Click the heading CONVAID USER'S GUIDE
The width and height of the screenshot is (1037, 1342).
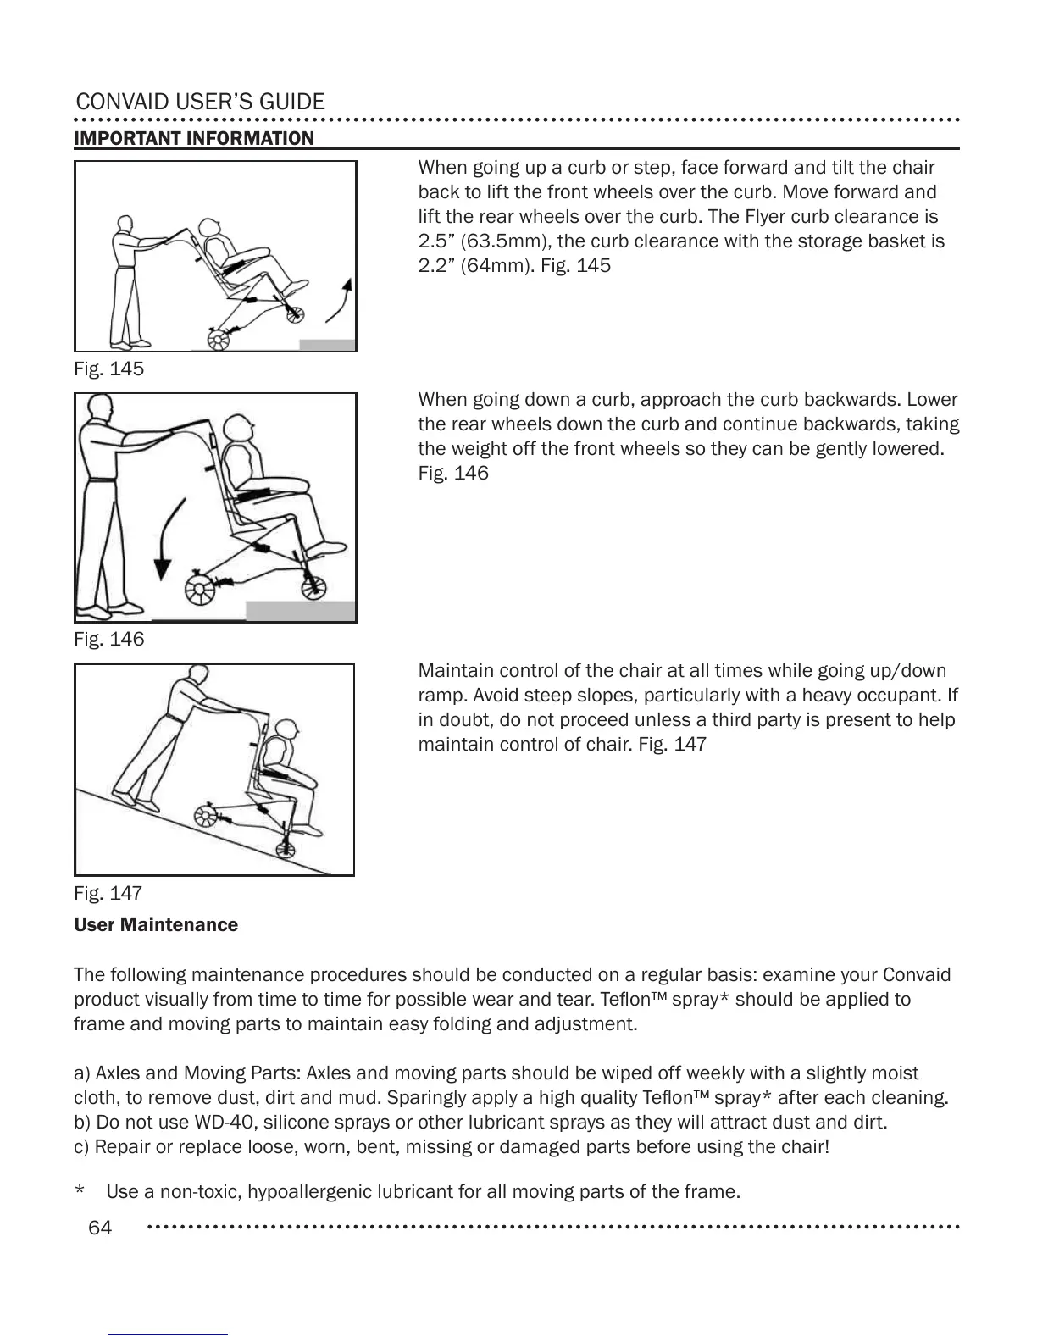[x=200, y=103]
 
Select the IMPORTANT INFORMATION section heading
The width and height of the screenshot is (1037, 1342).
[x=194, y=138]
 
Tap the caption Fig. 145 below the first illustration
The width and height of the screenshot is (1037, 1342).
[x=108, y=369]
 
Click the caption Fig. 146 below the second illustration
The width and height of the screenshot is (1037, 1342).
[x=108, y=640]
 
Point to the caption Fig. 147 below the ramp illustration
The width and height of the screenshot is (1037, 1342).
[x=108, y=894]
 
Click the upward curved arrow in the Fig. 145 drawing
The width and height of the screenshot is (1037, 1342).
[x=341, y=300]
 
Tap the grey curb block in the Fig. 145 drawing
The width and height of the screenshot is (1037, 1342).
[x=327, y=345]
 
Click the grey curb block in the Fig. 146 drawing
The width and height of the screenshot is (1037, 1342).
[x=300, y=611]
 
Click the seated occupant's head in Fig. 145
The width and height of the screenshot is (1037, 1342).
[x=212, y=227]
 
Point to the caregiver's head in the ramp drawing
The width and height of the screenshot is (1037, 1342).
[x=197, y=675]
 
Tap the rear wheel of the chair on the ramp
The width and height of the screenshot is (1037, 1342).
[x=207, y=816]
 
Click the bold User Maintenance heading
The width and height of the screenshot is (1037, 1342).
[x=156, y=925]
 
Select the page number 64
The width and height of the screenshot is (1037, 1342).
[x=100, y=1228]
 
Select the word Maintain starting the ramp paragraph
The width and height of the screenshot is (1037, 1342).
[x=451, y=672]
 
